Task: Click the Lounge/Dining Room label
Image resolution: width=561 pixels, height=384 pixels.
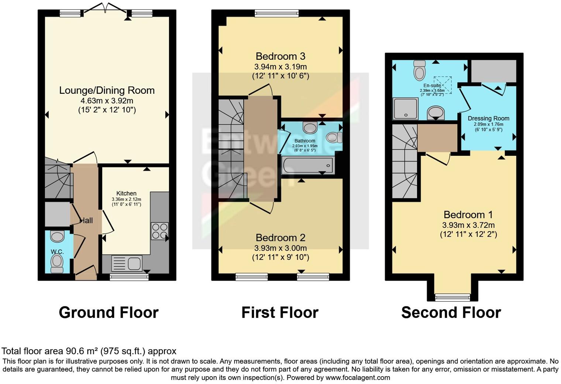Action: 107,90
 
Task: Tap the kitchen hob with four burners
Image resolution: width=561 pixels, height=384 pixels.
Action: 159,231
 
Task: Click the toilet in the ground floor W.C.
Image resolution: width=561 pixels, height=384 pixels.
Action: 57,263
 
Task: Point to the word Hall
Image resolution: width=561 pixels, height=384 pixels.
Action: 86,220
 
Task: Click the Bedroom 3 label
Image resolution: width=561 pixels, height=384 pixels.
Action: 280,56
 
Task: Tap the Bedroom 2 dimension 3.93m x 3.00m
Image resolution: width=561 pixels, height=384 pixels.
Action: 280,248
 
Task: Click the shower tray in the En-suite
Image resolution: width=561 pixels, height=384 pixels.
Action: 405,109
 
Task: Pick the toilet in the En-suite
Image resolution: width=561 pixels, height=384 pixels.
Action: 420,70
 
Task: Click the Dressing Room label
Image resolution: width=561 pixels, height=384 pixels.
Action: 488,119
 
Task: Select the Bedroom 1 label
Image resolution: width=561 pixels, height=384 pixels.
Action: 468,215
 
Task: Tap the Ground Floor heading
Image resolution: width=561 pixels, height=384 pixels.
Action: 109,312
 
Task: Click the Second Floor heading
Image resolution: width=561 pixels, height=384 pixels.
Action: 451,312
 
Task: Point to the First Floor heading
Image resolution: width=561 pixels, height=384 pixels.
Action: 280,312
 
